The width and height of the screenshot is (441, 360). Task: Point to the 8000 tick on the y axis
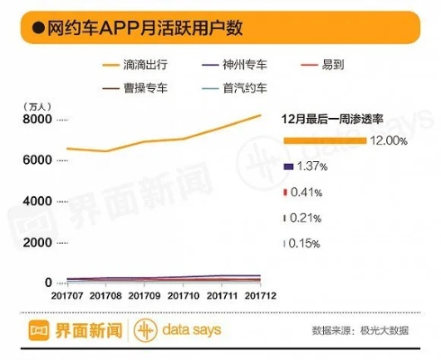36,120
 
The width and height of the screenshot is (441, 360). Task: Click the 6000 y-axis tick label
36,160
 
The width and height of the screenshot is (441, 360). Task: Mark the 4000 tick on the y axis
36,202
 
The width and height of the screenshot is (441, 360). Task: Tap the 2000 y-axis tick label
36,242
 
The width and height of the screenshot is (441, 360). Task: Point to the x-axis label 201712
261,295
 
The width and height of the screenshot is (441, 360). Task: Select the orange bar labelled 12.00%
325,140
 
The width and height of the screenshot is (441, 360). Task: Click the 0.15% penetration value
304,244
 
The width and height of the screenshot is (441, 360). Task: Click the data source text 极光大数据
386,330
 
